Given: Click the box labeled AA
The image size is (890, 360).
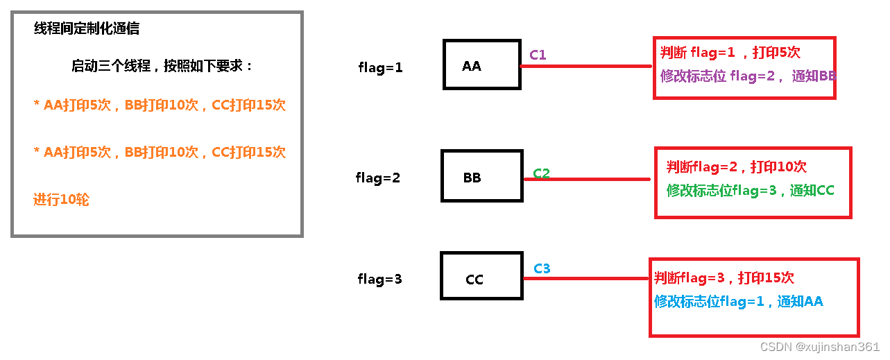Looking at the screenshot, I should (x=482, y=65).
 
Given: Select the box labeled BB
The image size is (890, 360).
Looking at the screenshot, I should (x=481, y=176).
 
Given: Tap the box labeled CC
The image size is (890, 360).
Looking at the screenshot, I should (x=481, y=276).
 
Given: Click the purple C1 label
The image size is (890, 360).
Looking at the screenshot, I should (x=538, y=54).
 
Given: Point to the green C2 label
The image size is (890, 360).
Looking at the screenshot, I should (x=541, y=173).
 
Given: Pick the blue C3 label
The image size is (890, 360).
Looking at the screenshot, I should (x=542, y=268).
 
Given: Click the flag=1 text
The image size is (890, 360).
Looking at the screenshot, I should (x=380, y=68).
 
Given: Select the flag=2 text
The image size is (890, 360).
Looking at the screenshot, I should (x=378, y=178).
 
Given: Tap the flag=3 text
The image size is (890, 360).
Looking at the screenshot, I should (x=379, y=280).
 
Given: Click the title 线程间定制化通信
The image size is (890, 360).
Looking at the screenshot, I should (x=87, y=28).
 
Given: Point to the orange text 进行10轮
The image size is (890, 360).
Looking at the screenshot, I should (x=61, y=200).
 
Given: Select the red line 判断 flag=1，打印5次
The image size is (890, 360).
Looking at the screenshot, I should (x=730, y=52).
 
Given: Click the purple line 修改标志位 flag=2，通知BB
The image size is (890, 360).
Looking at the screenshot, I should (x=748, y=76).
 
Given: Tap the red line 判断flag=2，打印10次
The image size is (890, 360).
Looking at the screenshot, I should (x=737, y=166).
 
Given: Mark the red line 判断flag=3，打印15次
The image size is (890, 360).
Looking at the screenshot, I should (x=724, y=277).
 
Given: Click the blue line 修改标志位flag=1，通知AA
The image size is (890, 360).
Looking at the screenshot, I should (x=738, y=301).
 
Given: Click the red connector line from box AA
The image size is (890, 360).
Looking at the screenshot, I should (x=586, y=67).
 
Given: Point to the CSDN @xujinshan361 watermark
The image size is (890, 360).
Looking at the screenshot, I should (x=819, y=347).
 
